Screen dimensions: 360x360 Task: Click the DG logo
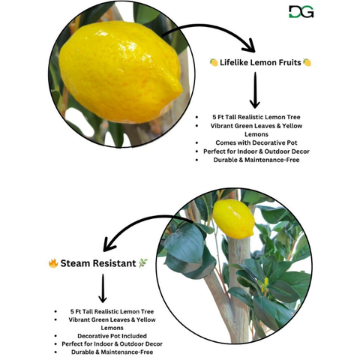[x=301, y=12]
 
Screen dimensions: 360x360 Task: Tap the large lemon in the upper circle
[x=121, y=73]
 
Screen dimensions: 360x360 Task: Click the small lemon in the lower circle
[x=233, y=219]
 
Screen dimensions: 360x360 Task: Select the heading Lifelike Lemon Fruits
[x=260, y=62]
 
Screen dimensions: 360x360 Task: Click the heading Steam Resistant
[x=98, y=263]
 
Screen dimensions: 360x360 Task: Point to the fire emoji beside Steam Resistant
[x=53, y=263]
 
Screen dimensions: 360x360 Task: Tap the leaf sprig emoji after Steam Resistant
[x=142, y=263]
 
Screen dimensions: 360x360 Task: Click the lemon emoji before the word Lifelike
[x=214, y=62]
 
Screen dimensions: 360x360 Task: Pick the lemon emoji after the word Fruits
[x=307, y=62]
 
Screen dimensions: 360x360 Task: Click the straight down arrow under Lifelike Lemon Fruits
[x=255, y=90]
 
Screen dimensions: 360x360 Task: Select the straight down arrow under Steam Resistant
[x=103, y=288]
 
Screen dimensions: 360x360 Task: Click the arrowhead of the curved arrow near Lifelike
[x=249, y=46]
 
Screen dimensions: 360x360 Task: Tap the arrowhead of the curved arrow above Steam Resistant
[x=109, y=244]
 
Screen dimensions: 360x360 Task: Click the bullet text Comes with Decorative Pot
[x=256, y=142]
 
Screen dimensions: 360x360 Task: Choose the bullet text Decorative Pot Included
[x=112, y=336]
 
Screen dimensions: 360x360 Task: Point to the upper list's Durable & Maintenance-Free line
[x=256, y=160]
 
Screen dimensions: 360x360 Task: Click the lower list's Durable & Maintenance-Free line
[x=112, y=352]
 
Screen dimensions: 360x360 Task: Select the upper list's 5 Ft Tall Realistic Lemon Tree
[x=256, y=117]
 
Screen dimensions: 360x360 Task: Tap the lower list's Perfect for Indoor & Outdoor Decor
[x=112, y=344]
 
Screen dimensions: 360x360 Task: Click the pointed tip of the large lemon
[x=181, y=88]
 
